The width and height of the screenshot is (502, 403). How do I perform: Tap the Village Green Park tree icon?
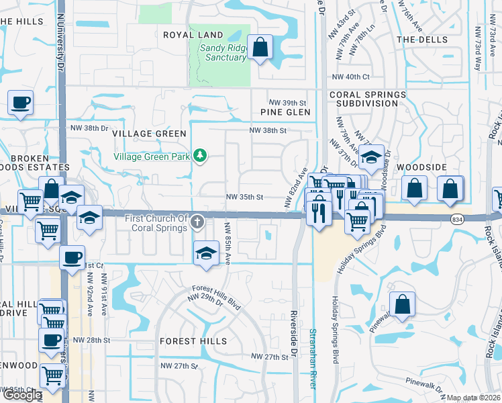pos(199,156)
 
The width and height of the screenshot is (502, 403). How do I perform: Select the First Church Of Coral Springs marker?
pos(197,221)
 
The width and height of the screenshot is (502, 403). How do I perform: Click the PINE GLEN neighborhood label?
pos(286,112)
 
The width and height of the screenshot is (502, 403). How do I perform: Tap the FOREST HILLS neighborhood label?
pos(189,341)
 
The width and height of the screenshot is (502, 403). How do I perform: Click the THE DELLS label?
pos(422,40)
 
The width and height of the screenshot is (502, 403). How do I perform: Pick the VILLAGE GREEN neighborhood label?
pos(149,134)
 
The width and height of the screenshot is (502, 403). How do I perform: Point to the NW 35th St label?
pos(244,197)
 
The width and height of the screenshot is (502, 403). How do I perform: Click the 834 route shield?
pos(457,219)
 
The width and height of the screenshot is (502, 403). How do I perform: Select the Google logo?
pos(22,395)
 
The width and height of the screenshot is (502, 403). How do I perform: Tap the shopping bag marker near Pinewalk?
pos(402,305)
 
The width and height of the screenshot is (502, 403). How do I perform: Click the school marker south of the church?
pos(207,253)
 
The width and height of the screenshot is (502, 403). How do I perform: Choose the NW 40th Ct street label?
pos(355,77)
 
